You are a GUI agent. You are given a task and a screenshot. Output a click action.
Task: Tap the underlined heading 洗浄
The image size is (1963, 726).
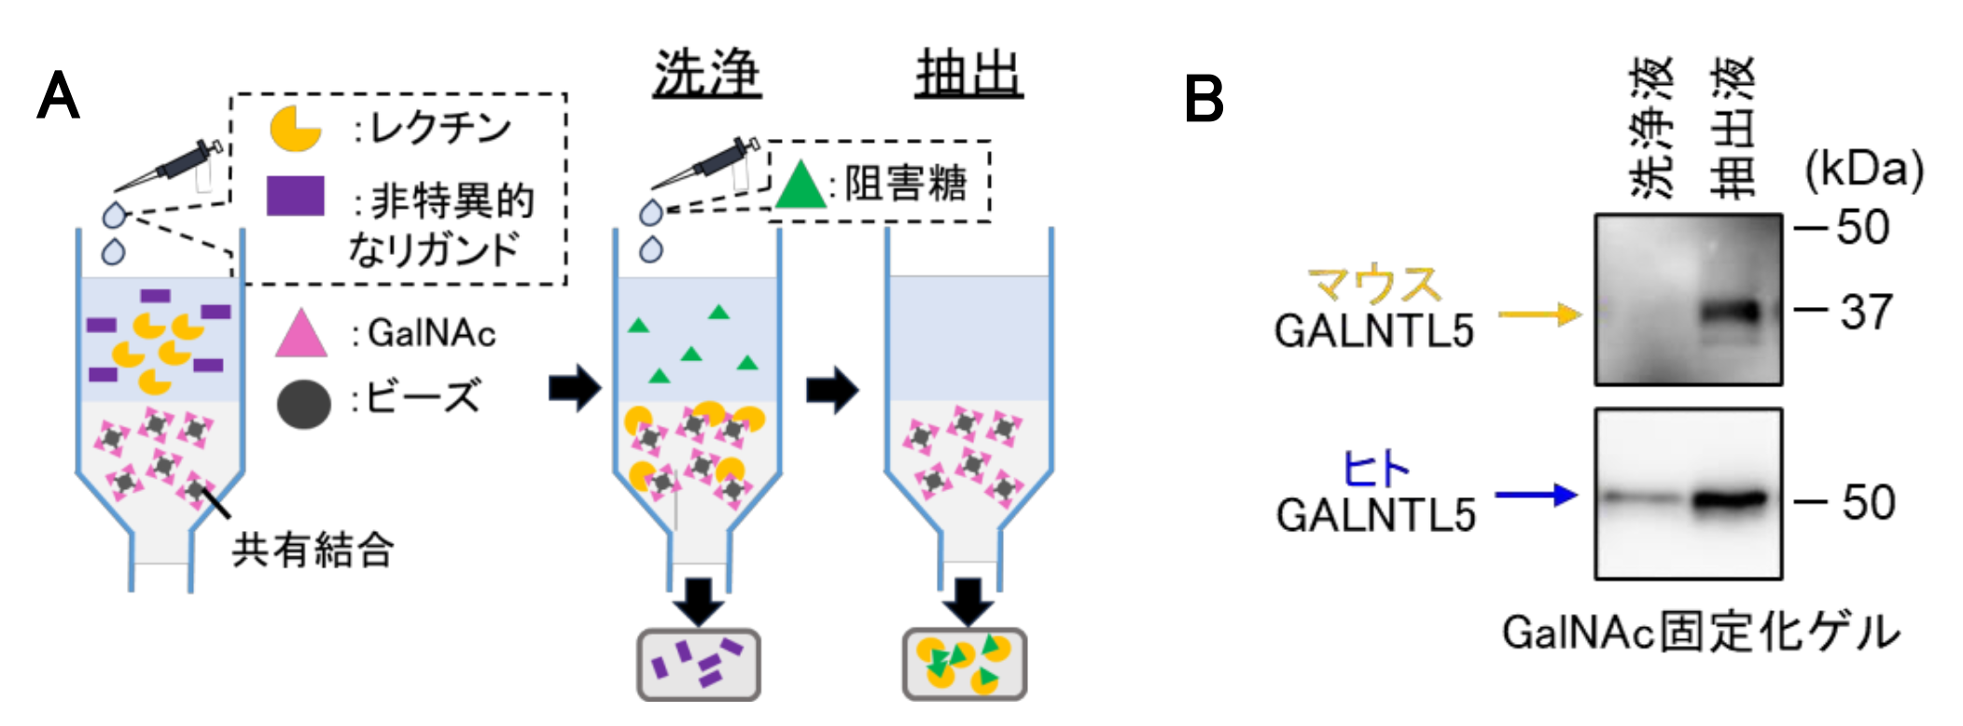coord(706,74)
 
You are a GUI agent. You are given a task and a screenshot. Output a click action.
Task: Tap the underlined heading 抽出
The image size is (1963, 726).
coord(968,74)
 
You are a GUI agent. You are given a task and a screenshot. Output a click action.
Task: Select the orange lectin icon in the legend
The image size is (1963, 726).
coord(295,129)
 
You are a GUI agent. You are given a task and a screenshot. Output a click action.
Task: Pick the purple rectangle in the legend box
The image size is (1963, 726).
coord(295,196)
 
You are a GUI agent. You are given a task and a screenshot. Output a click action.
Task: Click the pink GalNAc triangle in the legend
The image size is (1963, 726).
coord(301,334)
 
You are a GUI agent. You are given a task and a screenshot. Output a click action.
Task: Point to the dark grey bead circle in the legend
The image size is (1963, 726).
coord(304,403)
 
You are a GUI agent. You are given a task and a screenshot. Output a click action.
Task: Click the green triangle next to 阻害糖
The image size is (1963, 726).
coord(801,185)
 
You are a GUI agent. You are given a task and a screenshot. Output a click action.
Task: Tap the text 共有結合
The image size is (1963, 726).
coord(313,549)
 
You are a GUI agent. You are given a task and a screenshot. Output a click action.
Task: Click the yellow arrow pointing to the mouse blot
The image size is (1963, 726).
coord(1539,314)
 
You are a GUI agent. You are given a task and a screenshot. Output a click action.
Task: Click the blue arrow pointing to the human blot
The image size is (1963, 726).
coord(1536,495)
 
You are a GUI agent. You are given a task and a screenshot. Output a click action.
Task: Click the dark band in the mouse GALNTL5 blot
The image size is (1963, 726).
coord(1731,313)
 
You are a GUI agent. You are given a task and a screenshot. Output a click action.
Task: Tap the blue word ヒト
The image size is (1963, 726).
coord(1374,468)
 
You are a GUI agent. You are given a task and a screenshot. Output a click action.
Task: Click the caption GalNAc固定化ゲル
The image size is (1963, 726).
coord(1700,632)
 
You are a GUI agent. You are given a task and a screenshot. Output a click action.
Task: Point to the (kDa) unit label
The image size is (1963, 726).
coord(1863,170)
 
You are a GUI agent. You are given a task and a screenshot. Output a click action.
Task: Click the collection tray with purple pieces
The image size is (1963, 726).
coord(699,664)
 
